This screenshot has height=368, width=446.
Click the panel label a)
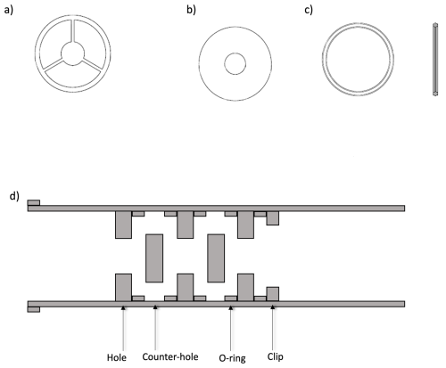9,11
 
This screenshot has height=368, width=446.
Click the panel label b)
191,10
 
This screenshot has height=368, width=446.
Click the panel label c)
309,10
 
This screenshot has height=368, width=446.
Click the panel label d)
14,196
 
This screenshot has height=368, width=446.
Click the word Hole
117,357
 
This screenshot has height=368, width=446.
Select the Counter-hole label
170,356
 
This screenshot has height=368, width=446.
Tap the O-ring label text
232,358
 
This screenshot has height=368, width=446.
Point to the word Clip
275,356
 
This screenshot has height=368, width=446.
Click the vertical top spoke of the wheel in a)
72,30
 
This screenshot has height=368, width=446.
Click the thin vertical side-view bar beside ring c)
435,60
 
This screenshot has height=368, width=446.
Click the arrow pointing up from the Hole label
123,328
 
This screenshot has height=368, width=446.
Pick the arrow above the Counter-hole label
155,328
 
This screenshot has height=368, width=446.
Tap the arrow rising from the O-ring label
231,328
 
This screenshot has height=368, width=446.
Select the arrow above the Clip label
273,328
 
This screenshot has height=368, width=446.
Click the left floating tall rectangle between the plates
154,258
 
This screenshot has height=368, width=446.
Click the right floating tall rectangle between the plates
216,258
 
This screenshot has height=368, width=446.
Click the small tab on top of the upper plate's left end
34,202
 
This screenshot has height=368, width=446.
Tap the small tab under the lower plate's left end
34,309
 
